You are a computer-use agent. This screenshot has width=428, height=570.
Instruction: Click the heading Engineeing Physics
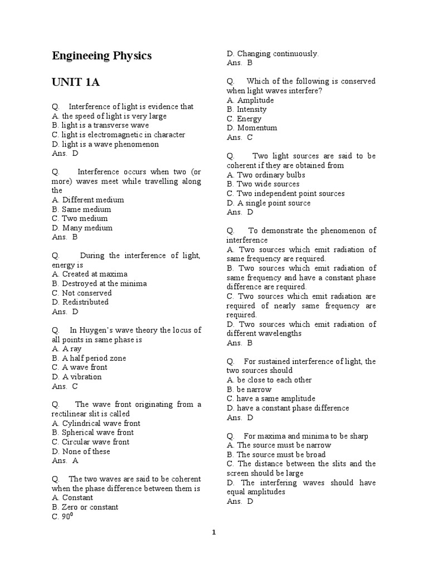(101, 56)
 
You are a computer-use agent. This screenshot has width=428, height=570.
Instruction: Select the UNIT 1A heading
(76, 82)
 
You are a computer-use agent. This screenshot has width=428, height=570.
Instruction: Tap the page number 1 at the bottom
(213, 532)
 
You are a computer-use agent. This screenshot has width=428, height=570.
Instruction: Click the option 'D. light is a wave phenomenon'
(105, 144)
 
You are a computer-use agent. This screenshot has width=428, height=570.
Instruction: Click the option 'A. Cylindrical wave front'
(96, 423)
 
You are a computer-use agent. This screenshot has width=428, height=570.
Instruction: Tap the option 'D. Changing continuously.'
(273, 53)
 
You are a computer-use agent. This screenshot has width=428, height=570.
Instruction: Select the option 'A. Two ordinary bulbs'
(266, 175)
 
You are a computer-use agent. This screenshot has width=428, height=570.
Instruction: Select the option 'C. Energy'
(244, 119)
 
